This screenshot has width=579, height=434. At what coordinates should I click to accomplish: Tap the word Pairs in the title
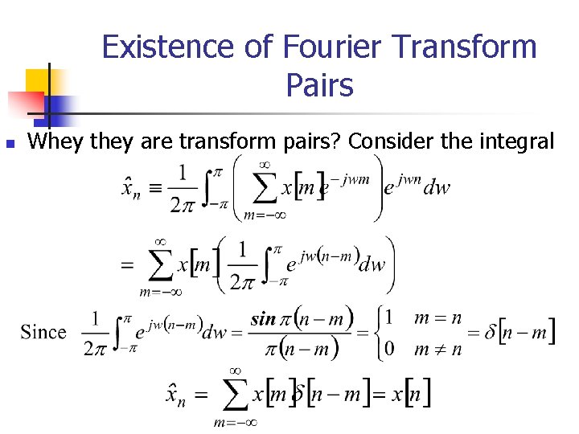coord(319,84)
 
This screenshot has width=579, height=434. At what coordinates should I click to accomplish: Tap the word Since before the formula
coord(43,332)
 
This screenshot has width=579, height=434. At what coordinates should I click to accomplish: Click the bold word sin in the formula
coord(264,318)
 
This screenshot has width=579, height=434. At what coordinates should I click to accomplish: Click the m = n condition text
coord(437,317)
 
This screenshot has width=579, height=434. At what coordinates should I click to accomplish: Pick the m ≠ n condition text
coord(437,349)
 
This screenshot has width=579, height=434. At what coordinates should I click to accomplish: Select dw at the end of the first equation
coord(437,188)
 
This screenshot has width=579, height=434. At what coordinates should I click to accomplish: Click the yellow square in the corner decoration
coord(37,80)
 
